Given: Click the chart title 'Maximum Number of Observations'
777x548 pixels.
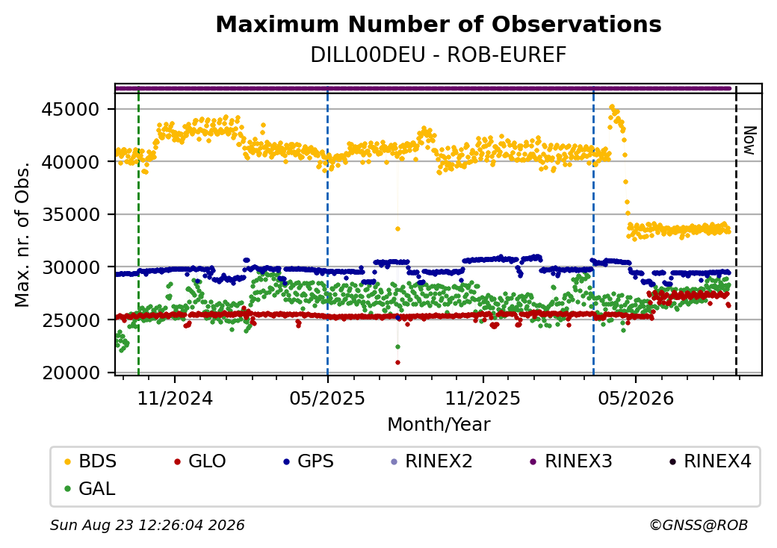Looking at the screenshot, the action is (x=439, y=24).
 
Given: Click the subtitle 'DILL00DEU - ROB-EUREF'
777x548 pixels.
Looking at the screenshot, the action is (x=439, y=55).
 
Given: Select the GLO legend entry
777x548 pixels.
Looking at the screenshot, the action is (x=200, y=461).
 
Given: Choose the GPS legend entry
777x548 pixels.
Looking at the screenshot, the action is (x=309, y=461).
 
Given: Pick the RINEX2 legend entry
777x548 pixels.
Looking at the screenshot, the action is (x=432, y=461).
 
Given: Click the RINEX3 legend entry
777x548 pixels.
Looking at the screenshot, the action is (x=572, y=461).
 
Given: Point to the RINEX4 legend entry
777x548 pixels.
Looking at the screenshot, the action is (x=711, y=461).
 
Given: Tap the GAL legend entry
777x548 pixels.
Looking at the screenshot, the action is (x=90, y=488).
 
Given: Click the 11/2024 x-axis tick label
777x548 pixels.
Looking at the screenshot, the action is (x=174, y=399).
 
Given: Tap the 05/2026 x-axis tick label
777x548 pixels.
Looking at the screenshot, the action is (x=636, y=399).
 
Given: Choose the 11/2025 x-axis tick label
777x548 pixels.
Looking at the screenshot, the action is (x=483, y=399).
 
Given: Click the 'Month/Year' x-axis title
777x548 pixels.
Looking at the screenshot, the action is (x=439, y=425).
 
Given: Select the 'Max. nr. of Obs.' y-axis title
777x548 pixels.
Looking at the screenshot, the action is (x=22, y=234).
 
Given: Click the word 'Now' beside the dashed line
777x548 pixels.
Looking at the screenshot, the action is (x=750, y=140).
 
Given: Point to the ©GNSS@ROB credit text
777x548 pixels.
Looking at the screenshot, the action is (x=699, y=525).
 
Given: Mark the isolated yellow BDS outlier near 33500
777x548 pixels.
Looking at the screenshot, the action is (x=397, y=228).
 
